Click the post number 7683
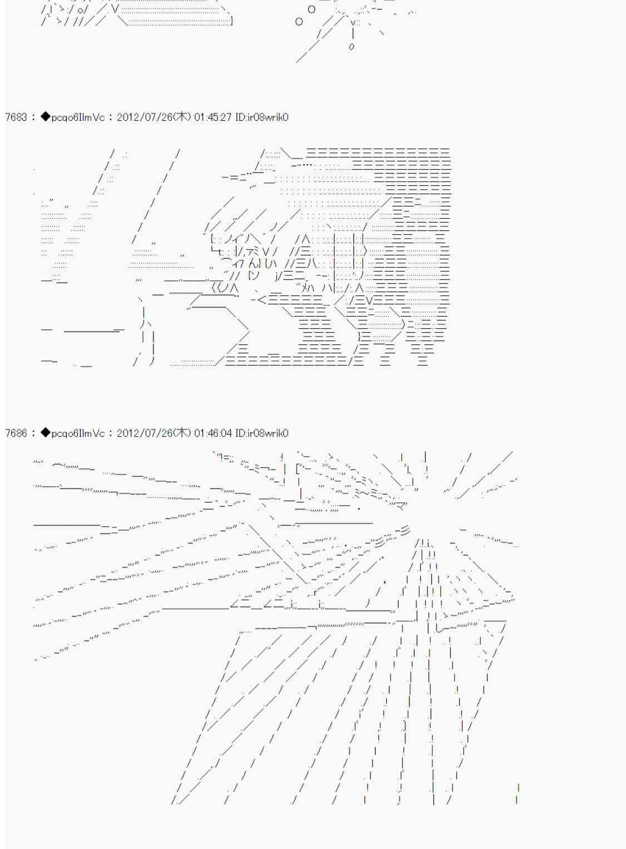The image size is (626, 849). (16, 117)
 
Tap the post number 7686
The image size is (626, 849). (16, 433)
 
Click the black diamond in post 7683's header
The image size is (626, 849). (46, 117)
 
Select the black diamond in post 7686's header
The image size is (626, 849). (46, 433)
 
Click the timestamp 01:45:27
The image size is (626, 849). (213, 117)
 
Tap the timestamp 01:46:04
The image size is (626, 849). (213, 433)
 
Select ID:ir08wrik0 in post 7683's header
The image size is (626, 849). (262, 117)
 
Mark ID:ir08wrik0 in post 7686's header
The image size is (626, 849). (262, 433)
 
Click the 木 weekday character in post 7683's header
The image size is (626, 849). (181, 117)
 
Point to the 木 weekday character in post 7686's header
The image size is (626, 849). (181, 433)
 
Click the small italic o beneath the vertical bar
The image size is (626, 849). (352, 47)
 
